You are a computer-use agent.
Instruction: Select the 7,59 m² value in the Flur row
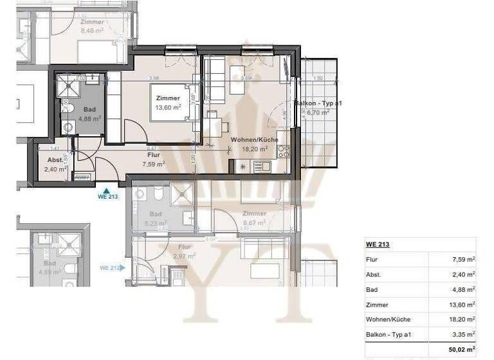[x=462, y=259]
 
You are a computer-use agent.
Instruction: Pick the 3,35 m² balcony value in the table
[x=462, y=334]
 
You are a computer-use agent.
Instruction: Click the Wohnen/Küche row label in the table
[x=388, y=319]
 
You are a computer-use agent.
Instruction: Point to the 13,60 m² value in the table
[x=461, y=304]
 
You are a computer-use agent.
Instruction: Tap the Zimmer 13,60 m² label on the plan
[x=168, y=102]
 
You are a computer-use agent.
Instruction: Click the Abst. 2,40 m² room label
[x=51, y=165]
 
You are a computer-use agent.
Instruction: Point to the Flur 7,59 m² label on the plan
[x=154, y=159]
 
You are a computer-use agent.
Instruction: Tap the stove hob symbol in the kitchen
[x=283, y=152]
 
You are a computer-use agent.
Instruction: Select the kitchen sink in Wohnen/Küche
[x=262, y=166]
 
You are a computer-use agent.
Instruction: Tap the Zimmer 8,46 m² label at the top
[x=93, y=26]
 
